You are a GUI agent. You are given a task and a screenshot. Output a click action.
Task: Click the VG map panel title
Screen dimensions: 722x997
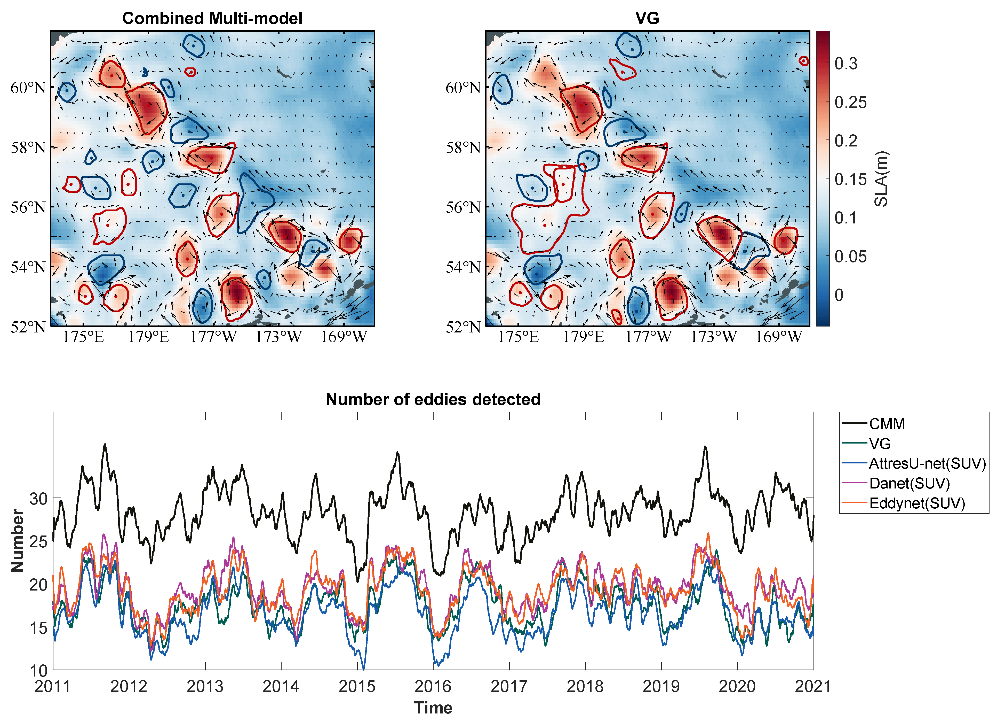tap(647, 19)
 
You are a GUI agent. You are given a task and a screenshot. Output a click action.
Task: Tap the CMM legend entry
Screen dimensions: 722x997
tap(887, 424)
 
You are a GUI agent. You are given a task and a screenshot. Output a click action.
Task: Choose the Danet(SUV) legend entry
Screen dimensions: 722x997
tap(909, 483)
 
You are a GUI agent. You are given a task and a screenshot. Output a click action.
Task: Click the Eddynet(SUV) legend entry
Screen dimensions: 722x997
tap(916, 503)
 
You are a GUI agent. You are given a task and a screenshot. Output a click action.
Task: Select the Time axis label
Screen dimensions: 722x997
tap(433, 708)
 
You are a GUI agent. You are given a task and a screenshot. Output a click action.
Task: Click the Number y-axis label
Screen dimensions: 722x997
tap(18, 541)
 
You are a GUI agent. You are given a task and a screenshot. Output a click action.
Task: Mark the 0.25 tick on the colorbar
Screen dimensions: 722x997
tap(850, 103)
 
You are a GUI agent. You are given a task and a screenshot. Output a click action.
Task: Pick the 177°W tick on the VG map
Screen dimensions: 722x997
tap(648, 337)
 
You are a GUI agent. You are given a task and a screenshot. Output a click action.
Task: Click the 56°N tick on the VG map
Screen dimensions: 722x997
tap(463, 207)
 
